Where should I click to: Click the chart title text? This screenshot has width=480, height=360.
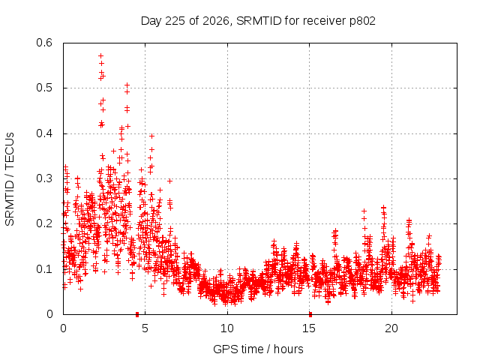(x=258, y=21)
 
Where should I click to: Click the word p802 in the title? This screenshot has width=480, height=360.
(x=362, y=21)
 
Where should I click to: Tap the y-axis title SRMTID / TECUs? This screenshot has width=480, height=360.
(x=10, y=179)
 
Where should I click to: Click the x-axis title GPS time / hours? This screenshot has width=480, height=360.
(x=258, y=349)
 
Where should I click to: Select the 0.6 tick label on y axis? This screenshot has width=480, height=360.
(x=44, y=43)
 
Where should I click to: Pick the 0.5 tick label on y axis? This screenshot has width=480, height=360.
(x=44, y=88)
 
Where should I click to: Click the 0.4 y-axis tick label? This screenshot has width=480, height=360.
(x=44, y=133)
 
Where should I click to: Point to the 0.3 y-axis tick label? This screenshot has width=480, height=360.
(x=44, y=178)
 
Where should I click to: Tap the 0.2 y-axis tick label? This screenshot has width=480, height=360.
(x=44, y=223)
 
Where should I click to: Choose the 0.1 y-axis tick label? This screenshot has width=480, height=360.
(x=44, y=269)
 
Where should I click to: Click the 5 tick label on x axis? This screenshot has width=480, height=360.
(x=145, y=328)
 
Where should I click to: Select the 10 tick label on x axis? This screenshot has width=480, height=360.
(x=227, y=328)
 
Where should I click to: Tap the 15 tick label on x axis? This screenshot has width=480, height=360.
(x=309, y=328)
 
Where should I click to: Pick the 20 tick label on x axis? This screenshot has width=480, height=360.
(x=391, y=328)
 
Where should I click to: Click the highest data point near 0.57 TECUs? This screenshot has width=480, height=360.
(x=100, y=55)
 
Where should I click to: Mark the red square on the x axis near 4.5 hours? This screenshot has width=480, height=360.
(x=137, y=314)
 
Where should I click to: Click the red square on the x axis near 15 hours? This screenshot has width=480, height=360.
(x=310, y=314)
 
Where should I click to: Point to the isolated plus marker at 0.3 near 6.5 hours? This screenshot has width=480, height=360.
(x=170, y=181)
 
